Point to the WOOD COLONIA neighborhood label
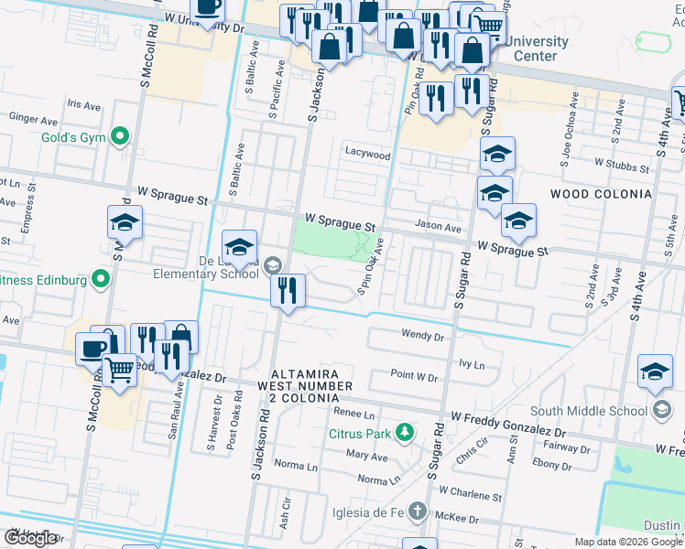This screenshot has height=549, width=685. pyautogui.click(x=601, y=194)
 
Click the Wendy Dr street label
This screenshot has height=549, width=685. pyautogui.click(x=422, y=336)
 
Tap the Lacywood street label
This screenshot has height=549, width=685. pyautogui.click(x=367, y=155)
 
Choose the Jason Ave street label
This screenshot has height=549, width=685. pyautogui.click(x=438, y=226)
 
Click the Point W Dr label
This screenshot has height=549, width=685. pyautogui.click(x=414, y=376)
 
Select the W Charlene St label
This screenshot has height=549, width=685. pyautogui.click(x=470, y=497)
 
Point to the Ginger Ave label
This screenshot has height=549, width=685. pyautogui.click(x=31, y=118)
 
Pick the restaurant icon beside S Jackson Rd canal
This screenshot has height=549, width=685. pyautogui.click(x=288, y=292)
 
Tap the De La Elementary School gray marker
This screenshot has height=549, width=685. pyautogui.click(x=272, y=265)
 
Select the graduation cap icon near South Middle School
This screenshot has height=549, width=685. pyautogui.click(x=655, y=372)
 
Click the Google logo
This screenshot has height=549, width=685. pyautogui.click(x=31, y=538)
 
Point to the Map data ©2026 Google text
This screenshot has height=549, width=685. pyautogui.click(x=628, y=542)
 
